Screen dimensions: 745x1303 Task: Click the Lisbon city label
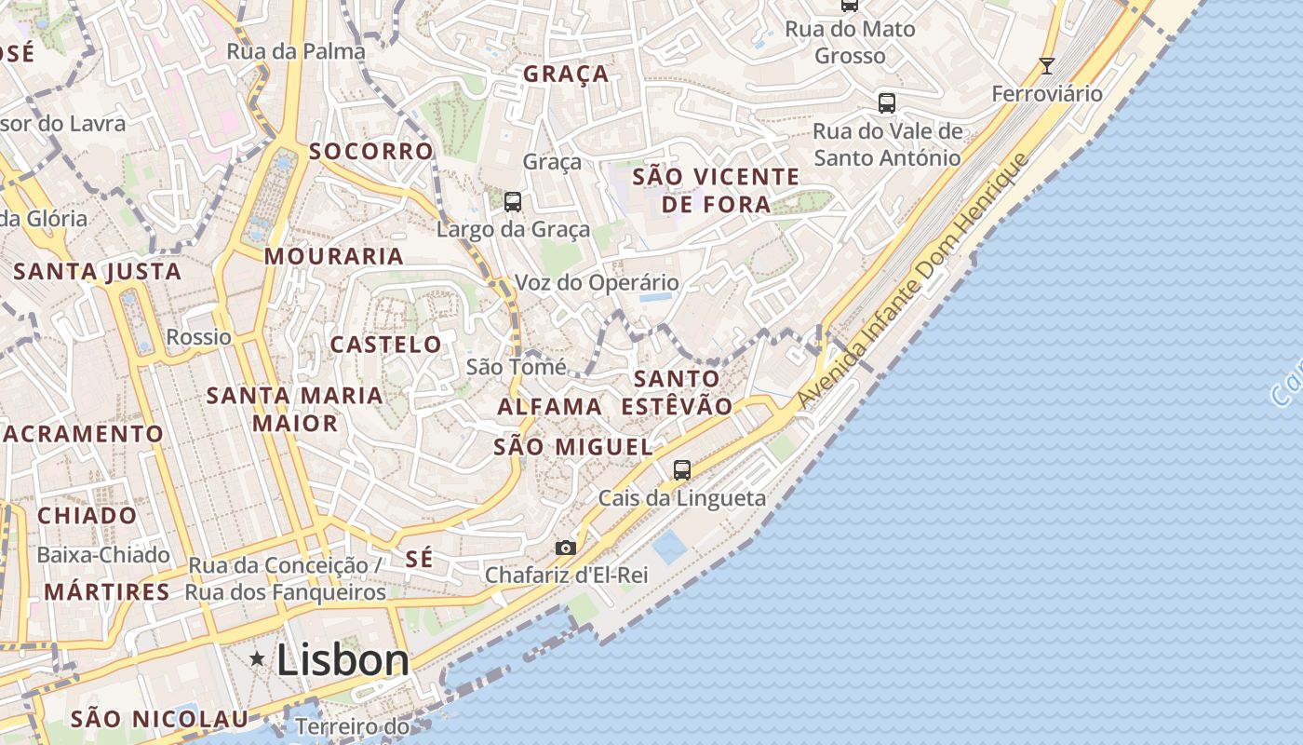click(x=343, y=660)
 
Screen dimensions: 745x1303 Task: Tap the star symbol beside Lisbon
click(x=258, y=659)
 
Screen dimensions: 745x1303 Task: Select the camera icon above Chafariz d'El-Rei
click(x=565, y=548)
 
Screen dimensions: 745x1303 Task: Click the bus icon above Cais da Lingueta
click(x=682, y=470)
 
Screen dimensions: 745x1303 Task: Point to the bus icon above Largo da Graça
click(x=512, y=201)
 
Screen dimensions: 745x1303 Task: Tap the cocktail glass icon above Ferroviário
click(x=1047, y=66)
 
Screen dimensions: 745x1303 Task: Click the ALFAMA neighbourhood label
click(x=550, y=407)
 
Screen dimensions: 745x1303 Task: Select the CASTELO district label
click(x=386, y=345)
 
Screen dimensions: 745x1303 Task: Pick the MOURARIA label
click(x=334, y=256)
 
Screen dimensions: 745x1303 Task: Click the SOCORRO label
click(x=371, y=151)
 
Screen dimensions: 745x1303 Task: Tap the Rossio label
click(x=198, y=336)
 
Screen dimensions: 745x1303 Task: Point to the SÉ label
click(x=420, y=559)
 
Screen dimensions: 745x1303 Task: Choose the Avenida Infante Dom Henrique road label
click(x=913, y=280)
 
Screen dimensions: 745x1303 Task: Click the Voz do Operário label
click(x=597, y=282)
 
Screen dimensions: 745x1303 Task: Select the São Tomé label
click(x=516, y=367)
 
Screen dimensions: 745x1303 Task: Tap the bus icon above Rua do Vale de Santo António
click(x=887, y=102)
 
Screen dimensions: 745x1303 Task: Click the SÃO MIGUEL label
click(x=573, y=447)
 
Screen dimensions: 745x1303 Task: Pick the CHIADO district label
click(x=87, y=516)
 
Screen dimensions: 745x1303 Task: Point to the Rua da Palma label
click(x=296, y=51)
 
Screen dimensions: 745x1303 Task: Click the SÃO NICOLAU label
click(x=160, y=719)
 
